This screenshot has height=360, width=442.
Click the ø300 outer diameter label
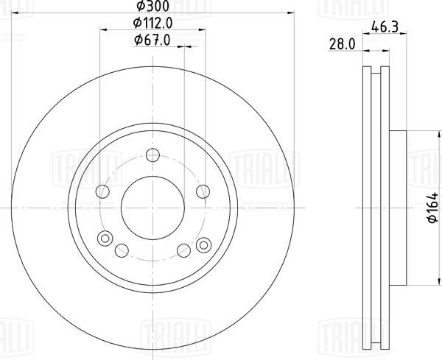pyautogui.click(x=152, y=8)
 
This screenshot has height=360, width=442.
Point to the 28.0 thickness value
pyautogui.click(x=343, y=45)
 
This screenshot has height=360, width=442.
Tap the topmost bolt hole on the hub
pyautogui.click(x=152, y=155)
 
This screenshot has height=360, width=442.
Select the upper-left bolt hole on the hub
pyautogui.click(x=103, y=191)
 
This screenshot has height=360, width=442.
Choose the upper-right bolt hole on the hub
pyautogui.click(x=202, y=191)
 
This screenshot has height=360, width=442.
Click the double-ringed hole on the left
pyautogui.click(x=105, y=238)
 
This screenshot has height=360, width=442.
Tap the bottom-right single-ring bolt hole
pyautogui.click(x=182, y=248)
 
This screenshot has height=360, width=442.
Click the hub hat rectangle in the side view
pyautogui.click(x=396, y=210)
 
